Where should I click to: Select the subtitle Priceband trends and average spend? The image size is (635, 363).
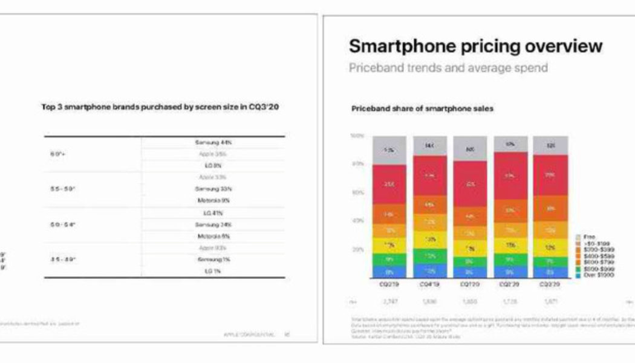tap(448, 67)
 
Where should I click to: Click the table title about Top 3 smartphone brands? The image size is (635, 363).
tap(163, 106)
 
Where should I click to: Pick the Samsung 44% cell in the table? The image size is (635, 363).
tap(213, 142)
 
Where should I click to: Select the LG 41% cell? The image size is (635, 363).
tap(213, 213)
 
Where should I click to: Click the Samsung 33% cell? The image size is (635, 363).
tap(213, 189)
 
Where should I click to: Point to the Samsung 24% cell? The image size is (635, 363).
tap(213, 224)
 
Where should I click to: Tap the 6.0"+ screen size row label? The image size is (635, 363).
tap(57, 154)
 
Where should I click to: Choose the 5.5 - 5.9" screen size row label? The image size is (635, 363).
tap(62, 189)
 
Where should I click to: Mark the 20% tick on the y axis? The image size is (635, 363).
tap(357, 249)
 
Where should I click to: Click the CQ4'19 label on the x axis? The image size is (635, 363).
tap(430, 283)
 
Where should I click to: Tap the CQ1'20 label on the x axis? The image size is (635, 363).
tap(469, 283)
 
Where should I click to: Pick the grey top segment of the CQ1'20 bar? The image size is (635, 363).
tap(469, 148)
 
